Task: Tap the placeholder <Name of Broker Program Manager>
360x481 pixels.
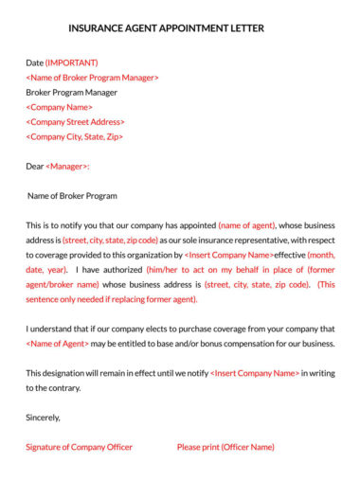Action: point(92,78)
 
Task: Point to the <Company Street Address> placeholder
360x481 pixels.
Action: point(75,122)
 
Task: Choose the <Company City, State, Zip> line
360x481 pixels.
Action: point(74,136)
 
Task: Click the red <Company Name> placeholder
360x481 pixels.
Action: point(60,107)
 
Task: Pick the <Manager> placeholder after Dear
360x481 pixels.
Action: point(67,167)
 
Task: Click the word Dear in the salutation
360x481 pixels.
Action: point(35,167)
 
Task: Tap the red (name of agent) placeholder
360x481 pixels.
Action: point(247,225)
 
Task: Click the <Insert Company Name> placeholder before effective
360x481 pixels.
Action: point(228,255)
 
